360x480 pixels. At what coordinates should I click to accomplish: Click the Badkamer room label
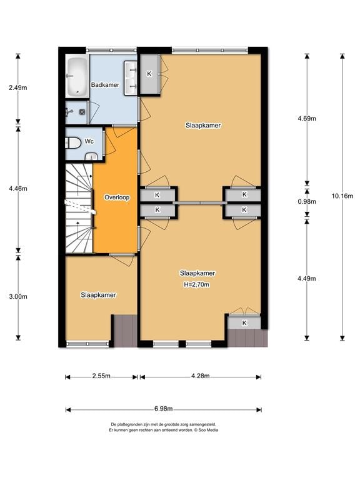(x=105, y=85)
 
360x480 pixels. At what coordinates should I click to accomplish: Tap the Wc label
(x=89, y=141)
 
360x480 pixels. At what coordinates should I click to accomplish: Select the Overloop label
(x=117, y=197)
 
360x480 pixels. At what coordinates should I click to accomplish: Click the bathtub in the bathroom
(x=76, y=76)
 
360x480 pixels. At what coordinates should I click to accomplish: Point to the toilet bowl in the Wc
(x=72, y=142)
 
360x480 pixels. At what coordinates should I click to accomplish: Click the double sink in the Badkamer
(x=131, y=78)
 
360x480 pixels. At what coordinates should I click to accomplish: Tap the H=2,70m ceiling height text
(x=196, y=285)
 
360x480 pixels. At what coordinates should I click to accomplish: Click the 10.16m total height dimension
(x=342, y=196)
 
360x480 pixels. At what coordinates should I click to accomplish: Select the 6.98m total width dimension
(x=164, y=409)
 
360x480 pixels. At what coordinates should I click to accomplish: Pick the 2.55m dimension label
(x=101, y=376)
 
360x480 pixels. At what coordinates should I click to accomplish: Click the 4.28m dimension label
(x=201, y=376)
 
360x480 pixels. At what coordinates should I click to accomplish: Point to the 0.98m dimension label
(x=307, y=201)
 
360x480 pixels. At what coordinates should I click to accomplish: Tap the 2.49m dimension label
(x=17, y=88)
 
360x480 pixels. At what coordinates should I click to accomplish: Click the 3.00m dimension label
(x=18, y=296)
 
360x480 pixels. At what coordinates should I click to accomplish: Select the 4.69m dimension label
(x=307, y=119)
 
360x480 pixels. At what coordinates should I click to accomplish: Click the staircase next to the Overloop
(x=79, y=208)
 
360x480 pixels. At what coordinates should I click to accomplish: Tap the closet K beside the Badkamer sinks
(x=149, y=74)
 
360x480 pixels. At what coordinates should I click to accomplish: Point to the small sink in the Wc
(x=91, y=157)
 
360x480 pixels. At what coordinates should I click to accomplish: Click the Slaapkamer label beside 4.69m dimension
(x=203, y=126)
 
